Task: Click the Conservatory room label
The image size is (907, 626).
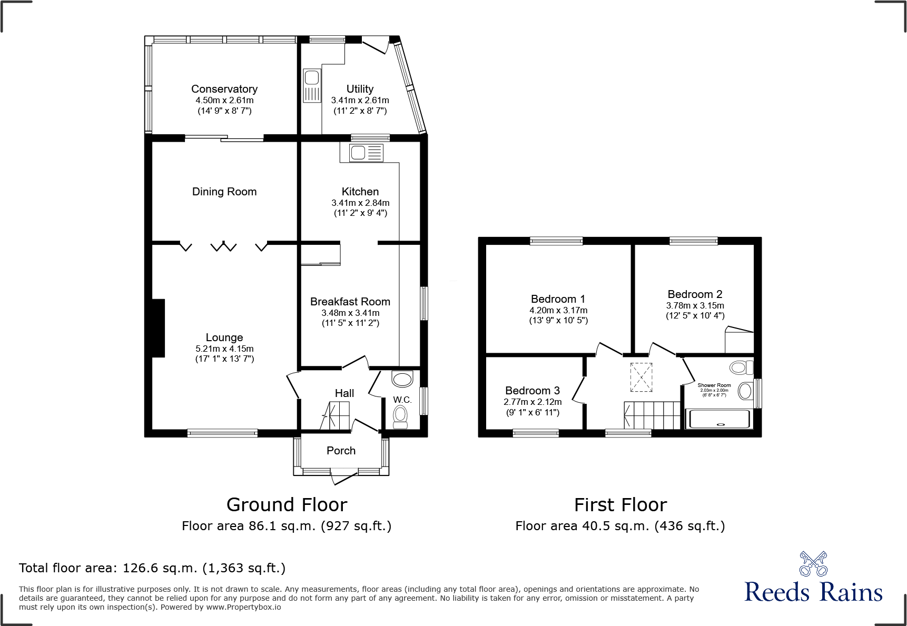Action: click(224, 89)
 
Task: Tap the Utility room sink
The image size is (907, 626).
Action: click(312, 85)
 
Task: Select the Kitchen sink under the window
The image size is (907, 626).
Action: click(362, 153)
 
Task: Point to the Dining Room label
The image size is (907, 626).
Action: click(224, 192)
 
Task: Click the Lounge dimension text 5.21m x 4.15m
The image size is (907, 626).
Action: click(224, 349)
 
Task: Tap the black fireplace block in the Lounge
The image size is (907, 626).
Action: click(159, 328)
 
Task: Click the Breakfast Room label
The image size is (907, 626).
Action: click(350, 302)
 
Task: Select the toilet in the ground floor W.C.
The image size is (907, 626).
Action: click(400, 416)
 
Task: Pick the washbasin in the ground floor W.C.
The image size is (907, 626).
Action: click(403, 379)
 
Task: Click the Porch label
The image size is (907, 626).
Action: click(341, 451)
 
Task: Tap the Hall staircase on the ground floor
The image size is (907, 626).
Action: click(335, 415)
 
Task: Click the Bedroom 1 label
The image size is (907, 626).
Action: click(558, 299)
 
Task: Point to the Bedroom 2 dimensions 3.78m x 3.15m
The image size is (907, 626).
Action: click(695, 305)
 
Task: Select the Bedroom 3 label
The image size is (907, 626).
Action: click(533, 391)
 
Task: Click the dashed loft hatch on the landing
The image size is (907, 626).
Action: click(642, 377)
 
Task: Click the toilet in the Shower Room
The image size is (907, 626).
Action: click(742, 366)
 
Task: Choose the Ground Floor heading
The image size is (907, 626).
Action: click(287, 505)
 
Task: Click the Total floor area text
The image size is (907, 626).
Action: click(152, 568)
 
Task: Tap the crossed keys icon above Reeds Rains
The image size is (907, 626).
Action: click(813, 564)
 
